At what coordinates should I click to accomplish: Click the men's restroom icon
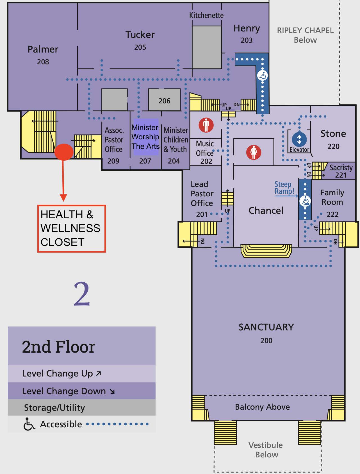point(206,125)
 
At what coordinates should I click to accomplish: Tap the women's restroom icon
point(254,152)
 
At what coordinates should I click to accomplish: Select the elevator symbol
point(299,139)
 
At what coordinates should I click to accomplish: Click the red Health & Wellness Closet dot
point(64,152)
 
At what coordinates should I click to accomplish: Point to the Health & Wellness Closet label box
point(71,228)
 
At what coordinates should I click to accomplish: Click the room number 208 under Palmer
point(43,62)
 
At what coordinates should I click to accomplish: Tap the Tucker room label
point(140,35)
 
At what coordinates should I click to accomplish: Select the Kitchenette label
point(206,15)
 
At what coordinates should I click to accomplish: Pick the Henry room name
point(247,28)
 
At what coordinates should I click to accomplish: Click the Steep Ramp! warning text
point(284,188)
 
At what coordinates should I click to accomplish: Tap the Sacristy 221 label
point(341,171)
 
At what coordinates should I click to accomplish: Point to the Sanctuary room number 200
point(266,341)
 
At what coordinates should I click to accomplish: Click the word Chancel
point(266,210)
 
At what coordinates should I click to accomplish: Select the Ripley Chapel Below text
point(305,35)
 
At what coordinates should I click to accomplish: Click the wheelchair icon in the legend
point(29,424)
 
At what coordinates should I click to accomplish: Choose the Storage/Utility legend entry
point(54,407)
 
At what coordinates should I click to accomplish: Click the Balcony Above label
point(262,407)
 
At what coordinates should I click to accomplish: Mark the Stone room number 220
point(333,146)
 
